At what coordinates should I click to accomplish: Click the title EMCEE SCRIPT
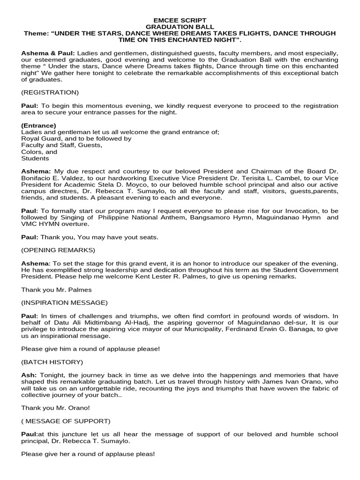(180, 21)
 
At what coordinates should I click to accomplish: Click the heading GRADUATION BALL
(180, 27)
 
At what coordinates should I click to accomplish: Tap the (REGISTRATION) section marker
(50, 92)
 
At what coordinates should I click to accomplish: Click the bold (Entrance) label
(39, 126)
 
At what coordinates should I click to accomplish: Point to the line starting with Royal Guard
(76, 139)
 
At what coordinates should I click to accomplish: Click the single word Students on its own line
(35, 158)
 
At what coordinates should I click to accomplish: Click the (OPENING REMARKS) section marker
(58, 250)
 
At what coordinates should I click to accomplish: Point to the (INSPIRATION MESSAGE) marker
(64, 302)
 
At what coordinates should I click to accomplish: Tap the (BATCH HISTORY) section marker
(52, 362)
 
